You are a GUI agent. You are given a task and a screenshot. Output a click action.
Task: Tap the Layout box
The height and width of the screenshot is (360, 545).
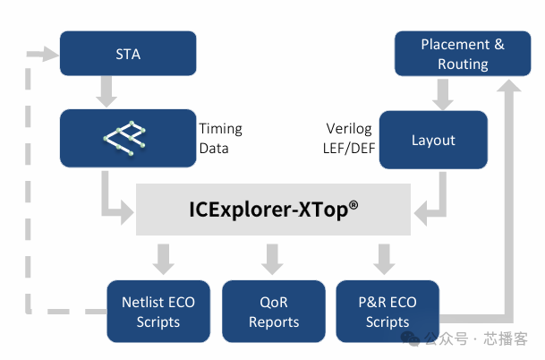coord(433,140)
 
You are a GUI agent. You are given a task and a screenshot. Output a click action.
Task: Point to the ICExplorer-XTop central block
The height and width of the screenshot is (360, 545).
coord(273,210)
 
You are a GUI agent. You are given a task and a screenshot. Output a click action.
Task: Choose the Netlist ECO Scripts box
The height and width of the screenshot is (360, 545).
coord(158,312)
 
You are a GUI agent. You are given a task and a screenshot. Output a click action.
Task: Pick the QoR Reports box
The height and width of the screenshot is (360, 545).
coord(274,312)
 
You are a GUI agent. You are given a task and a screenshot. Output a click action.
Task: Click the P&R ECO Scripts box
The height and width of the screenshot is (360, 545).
coord(387,312)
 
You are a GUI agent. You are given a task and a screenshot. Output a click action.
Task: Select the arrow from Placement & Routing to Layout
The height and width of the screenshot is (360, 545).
coord(441,93)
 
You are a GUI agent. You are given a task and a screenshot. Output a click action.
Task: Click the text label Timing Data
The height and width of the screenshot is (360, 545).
coord(220,138)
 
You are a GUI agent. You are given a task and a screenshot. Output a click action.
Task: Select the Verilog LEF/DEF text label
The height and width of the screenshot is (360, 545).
coord(347,138)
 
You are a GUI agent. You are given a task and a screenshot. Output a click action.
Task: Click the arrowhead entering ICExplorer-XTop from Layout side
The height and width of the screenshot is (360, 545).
coord(421,214)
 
